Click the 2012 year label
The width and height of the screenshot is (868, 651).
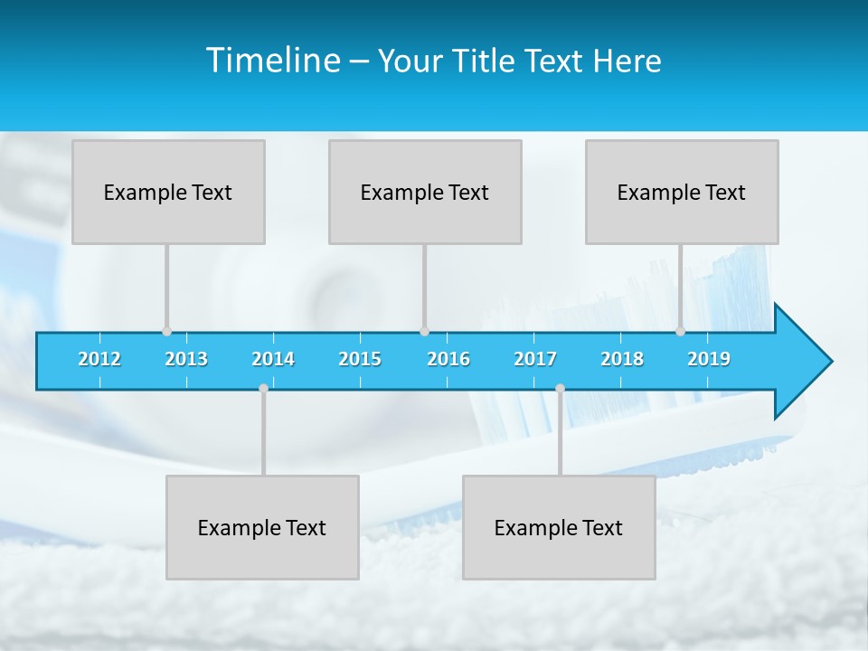click(x=99, y=359)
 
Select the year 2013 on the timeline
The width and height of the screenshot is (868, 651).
click(x=186, y=359)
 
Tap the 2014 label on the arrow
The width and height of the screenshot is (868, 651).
click(x=273, y=359)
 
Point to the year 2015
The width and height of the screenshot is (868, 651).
click(x=360, y=359)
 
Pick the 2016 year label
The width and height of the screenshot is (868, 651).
click(x=448, y=359)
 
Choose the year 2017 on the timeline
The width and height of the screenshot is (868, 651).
click(x=535, y=359)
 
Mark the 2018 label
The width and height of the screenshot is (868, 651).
click(x=622, y=359)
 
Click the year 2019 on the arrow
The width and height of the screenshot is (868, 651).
click(x=709, y=359)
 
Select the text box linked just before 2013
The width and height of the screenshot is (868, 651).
click(x=168, y=192)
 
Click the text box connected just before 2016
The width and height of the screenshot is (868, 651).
click(x=425, y=192)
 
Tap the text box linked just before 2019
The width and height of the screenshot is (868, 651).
click(x=682, y=192)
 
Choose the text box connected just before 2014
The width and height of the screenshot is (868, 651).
click(x=262, y=527)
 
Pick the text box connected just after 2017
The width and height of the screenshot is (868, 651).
click(x=559, y=527)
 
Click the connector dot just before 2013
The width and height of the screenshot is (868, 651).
click(x=166, y=331)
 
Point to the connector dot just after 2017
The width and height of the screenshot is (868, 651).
click(x=560, y=388)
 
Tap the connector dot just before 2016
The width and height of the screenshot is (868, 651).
click(x=424, y=331)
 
